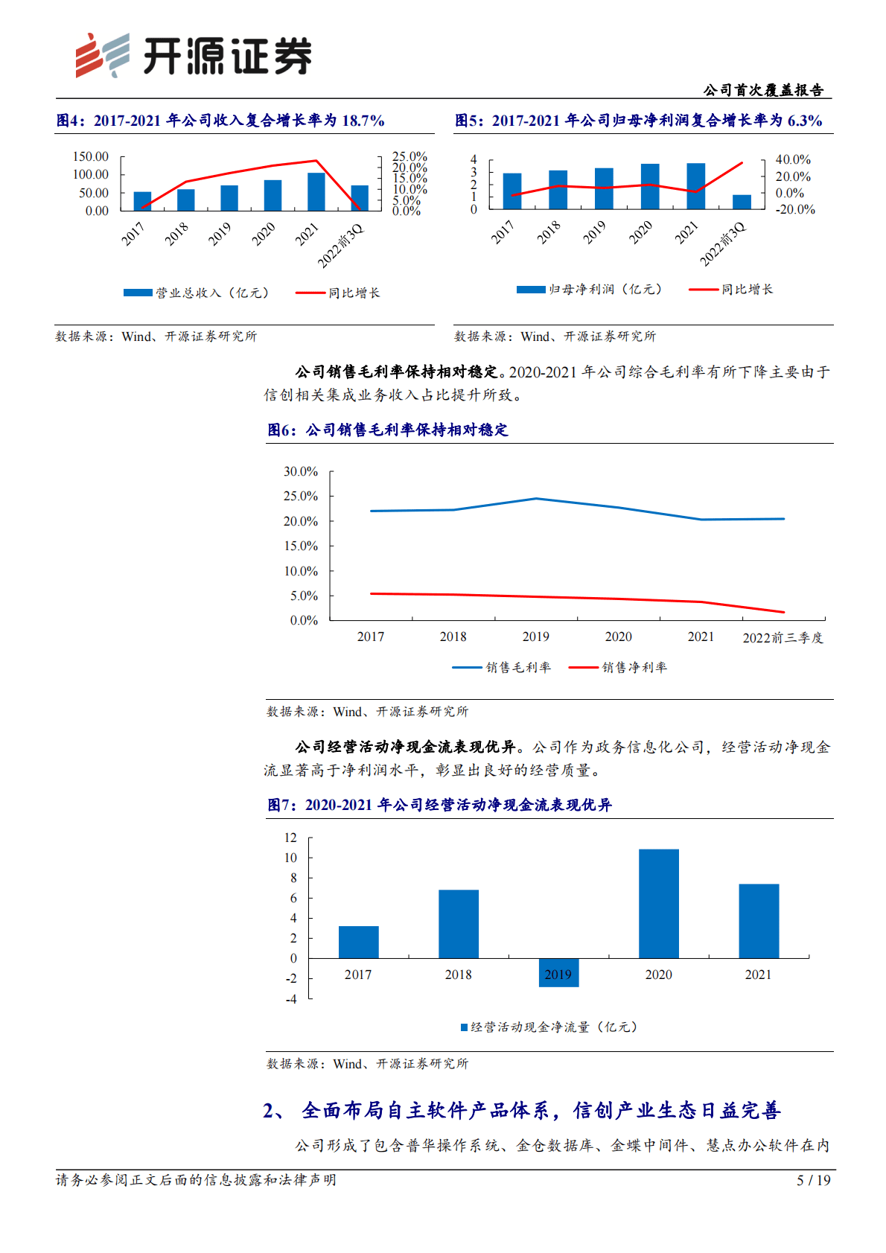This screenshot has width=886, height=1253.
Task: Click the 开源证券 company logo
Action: click(x=194, y=56)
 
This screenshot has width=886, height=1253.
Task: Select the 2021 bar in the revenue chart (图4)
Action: click(x=316, y=192)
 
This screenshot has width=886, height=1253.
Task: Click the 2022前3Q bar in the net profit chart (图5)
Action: click(x=742, y=202)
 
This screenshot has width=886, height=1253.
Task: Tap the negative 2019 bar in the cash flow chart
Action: click(x=558, y=972)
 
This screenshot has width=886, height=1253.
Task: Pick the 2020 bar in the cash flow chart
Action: click(x=659, y=903)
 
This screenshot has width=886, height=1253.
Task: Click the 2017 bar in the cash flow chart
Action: click(x=358, y=942)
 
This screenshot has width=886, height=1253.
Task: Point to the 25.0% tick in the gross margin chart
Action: click(x=301, y=497)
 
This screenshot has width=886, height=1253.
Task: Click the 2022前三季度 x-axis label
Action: click(x=783, y=637)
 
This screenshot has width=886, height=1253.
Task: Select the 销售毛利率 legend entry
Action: click(x=503, y=668)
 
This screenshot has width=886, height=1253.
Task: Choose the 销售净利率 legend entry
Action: click(x=619, y=668)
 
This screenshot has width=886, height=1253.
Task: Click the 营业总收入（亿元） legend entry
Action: click(x=197, y=293)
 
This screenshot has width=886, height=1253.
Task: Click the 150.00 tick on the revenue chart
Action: click(x=91, y=156)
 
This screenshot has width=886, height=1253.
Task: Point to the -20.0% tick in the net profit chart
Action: click(x=795, y=210)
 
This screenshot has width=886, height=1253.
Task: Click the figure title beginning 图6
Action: click(x=388, y=430)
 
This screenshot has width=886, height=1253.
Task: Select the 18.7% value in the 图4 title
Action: click(x=363, y=121)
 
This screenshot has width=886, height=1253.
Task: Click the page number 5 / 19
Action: click(x=813, y=1180)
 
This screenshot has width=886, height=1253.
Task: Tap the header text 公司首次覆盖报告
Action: click(x=763, y=90)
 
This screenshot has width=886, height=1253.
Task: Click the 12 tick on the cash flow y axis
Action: click(x=290, y=838)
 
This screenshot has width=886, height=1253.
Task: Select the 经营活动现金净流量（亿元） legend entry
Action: click(x=549, y=1027)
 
